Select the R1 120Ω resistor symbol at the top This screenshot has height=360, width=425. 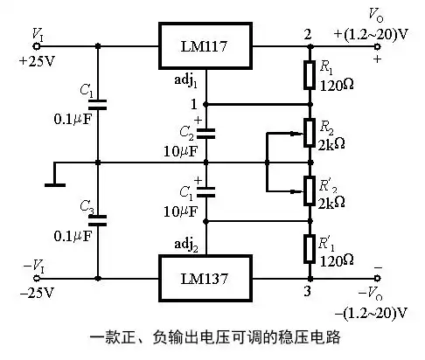309,75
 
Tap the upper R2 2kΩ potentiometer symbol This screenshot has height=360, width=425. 309,133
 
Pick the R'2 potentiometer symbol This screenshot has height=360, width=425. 309,188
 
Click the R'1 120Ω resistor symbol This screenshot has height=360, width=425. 309,247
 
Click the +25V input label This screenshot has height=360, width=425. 35,62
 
